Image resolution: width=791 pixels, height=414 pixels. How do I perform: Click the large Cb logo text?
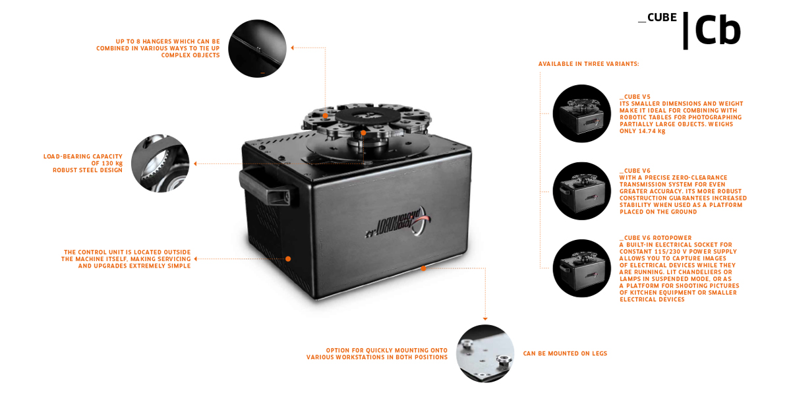click(x=717, y=31)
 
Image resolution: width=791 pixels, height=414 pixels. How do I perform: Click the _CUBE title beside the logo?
click(x=657, y=17)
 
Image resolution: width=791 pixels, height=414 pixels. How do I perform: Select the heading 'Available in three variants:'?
click(x=588, y=64)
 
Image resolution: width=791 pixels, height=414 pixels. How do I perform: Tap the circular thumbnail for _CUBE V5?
click(x=581, y=113)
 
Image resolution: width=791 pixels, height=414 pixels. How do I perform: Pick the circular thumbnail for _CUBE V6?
click(x=581, y=191)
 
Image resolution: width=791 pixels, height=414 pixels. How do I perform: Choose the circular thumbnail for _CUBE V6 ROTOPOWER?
click(x=581, y=268)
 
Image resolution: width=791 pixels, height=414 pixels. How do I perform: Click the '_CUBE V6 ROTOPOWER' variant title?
click(x=655, y=238)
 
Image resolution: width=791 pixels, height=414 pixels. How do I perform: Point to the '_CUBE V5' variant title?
click(x=634, y=97)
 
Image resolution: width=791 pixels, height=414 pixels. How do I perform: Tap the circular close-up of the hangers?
click(x=257, y=49)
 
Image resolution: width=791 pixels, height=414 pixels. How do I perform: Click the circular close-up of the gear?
click(x=160, y=163)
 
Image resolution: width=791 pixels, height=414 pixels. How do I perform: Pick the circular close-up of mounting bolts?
click(x=485, y=353)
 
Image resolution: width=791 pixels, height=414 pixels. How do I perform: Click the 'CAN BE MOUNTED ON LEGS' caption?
click(x=565, y=354)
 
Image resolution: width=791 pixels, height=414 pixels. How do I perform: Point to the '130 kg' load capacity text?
click(x=111, y=163)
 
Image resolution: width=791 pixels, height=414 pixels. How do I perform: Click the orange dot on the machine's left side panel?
click(x=288, y=259)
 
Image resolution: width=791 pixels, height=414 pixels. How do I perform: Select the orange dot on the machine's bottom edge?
click(x=423, y=268)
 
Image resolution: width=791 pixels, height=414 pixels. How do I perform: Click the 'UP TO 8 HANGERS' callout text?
click(x=167, y=42)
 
